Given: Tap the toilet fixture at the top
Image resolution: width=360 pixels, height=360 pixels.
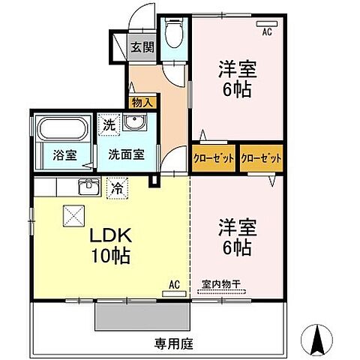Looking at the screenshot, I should [174, 34].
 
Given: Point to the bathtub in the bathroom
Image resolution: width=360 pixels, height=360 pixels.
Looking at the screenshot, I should [62, 130].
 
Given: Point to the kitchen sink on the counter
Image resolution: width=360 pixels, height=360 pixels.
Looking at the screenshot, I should [88, 185].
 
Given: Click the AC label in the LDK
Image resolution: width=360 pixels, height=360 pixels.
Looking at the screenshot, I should [173, 285].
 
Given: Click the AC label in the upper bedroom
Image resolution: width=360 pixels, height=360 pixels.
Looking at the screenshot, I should [265, 32].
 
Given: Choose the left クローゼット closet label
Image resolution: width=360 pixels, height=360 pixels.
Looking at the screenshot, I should [214, 157].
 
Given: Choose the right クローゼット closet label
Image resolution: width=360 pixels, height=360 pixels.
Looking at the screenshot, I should [262, 157].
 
